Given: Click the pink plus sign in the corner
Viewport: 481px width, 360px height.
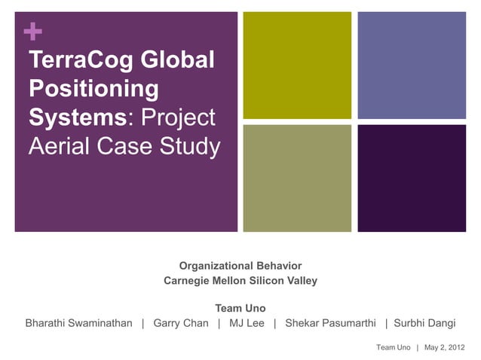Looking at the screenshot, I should tap(33, 32).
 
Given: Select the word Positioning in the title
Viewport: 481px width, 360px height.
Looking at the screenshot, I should tap(93, 89).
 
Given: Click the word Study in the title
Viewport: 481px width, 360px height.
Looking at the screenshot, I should tap(191, 147).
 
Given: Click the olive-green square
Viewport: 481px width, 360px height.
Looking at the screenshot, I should tap(297, 65).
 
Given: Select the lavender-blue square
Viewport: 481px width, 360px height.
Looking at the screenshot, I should tap(411, 65).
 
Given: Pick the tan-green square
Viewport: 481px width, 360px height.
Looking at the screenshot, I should tap(297, 178).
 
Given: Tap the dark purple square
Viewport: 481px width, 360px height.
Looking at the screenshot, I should tap(411, 178).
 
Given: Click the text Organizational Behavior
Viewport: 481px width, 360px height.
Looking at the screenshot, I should tap(240, 266).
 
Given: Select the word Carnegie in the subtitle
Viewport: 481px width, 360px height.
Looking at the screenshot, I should tap(188, 281).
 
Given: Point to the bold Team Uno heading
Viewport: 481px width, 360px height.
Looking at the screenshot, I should tap(240, 309).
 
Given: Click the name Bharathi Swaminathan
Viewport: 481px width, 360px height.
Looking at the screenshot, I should tap(79, 324).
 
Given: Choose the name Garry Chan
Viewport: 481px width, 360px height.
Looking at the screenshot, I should tap(181, 324).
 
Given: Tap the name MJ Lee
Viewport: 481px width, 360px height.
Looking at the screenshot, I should tap(246, 324).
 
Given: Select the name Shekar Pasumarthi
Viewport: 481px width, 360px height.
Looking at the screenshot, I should tap(330, 324).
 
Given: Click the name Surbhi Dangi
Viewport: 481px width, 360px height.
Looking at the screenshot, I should tap(425, 324).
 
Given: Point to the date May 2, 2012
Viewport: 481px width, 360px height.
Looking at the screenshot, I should tap(445, 347).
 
